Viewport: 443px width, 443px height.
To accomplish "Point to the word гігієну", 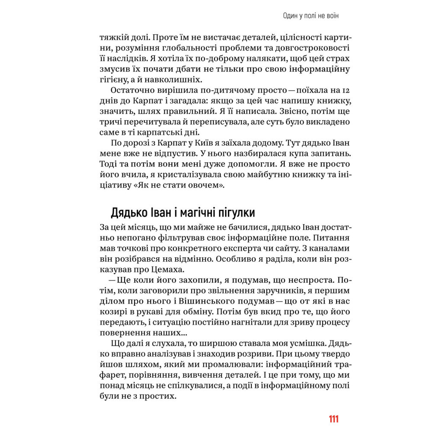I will point(115,80).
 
